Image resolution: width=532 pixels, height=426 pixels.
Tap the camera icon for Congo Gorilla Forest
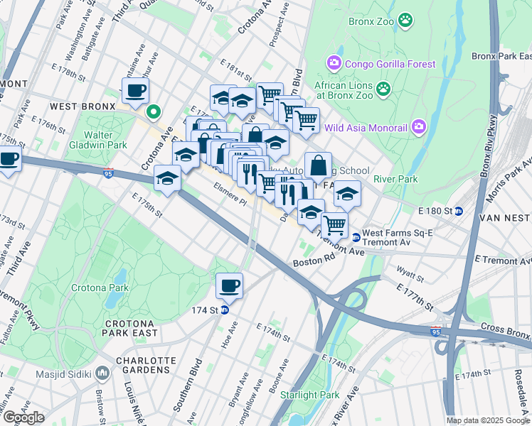point(334,64)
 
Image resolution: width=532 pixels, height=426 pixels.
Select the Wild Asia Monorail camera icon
point(418,128)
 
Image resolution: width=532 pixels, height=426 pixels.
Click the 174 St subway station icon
point(225,310)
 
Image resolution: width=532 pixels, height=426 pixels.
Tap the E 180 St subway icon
point(459,211)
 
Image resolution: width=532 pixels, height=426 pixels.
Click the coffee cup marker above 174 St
point(229,285)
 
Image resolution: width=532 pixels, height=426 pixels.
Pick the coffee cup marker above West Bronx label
point(135,90)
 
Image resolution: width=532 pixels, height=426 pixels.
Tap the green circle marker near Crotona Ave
point(153,111)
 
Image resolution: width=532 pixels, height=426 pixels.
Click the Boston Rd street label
point(308,262)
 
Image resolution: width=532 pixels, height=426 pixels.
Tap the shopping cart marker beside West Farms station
point(334,226)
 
